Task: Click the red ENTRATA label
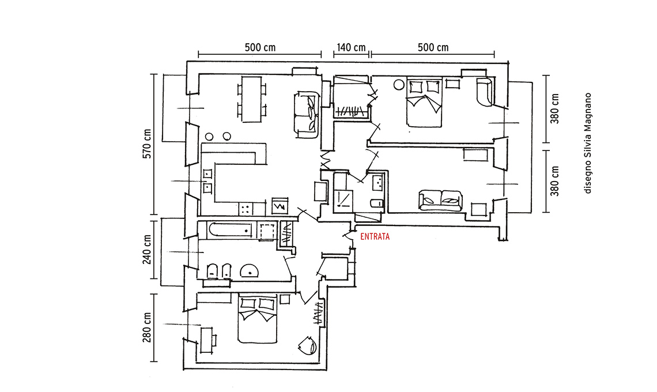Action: [x=375, y=236]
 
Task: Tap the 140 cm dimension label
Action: [x=350, y=48]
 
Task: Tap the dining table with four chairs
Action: [x=251, y=99]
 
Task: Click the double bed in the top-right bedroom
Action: [x=424, y=103]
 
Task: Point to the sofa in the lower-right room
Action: [x=441, y=199]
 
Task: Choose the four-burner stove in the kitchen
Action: [x=246, y=208]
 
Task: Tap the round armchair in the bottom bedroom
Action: [x=307, y=345]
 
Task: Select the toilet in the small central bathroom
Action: [x=376, y=203]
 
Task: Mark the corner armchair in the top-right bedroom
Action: [x=485, y=92]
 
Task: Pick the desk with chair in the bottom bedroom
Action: [x=206, y=340]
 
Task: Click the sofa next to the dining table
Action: [x=306, y=114]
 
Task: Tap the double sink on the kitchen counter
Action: [x=207, y=179]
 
